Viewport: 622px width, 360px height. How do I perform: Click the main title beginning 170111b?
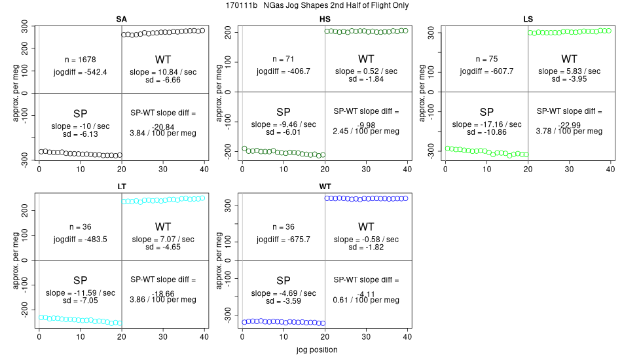(311, 6)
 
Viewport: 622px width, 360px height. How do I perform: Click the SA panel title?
(122, 18)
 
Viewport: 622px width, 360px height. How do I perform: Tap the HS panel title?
(325, 18)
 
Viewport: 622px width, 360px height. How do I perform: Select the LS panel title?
(528, 18)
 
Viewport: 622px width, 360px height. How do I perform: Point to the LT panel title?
(122, 187)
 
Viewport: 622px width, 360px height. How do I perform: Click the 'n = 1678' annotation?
(82, 59)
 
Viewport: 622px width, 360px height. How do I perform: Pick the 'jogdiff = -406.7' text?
(284, 71)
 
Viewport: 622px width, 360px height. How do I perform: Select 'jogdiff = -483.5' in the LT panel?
(81, 240)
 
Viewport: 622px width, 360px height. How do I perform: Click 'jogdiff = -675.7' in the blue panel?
(284, 240)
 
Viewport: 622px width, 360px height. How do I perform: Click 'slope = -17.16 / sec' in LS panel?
(486, 124)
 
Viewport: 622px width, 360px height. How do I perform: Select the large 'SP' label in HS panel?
(284, 112)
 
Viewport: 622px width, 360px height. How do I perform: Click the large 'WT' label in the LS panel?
(570, 58)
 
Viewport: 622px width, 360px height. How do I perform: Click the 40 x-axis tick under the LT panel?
(204, 338)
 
